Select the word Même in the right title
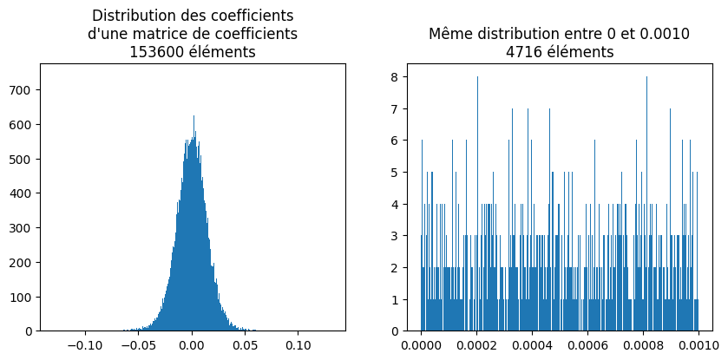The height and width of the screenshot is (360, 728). pyautogui.click(x=449, y=34)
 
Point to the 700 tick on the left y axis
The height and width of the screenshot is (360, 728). pyautogui.click(x=23, y=89)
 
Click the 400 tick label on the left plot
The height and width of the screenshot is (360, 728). pyautogui.click(x=23, y=193)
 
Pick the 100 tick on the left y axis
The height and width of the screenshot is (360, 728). pyautogui.click(x=23, y=297)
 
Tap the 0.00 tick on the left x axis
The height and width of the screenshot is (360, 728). pyautogui.click(x=193, y=344)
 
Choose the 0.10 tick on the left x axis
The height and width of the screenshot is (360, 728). pyautogui.click(x=299, y=344)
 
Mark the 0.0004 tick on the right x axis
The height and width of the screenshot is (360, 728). pyautogui.click(x=532, y=344)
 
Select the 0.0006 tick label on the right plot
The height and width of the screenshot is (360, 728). pyautogui.click(x=587, y=344)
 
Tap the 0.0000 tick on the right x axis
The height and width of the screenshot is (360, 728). pyautogui.click(x=422, y=344)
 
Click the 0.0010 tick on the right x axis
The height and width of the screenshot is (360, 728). pyautogui.click(x=698, y=344)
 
